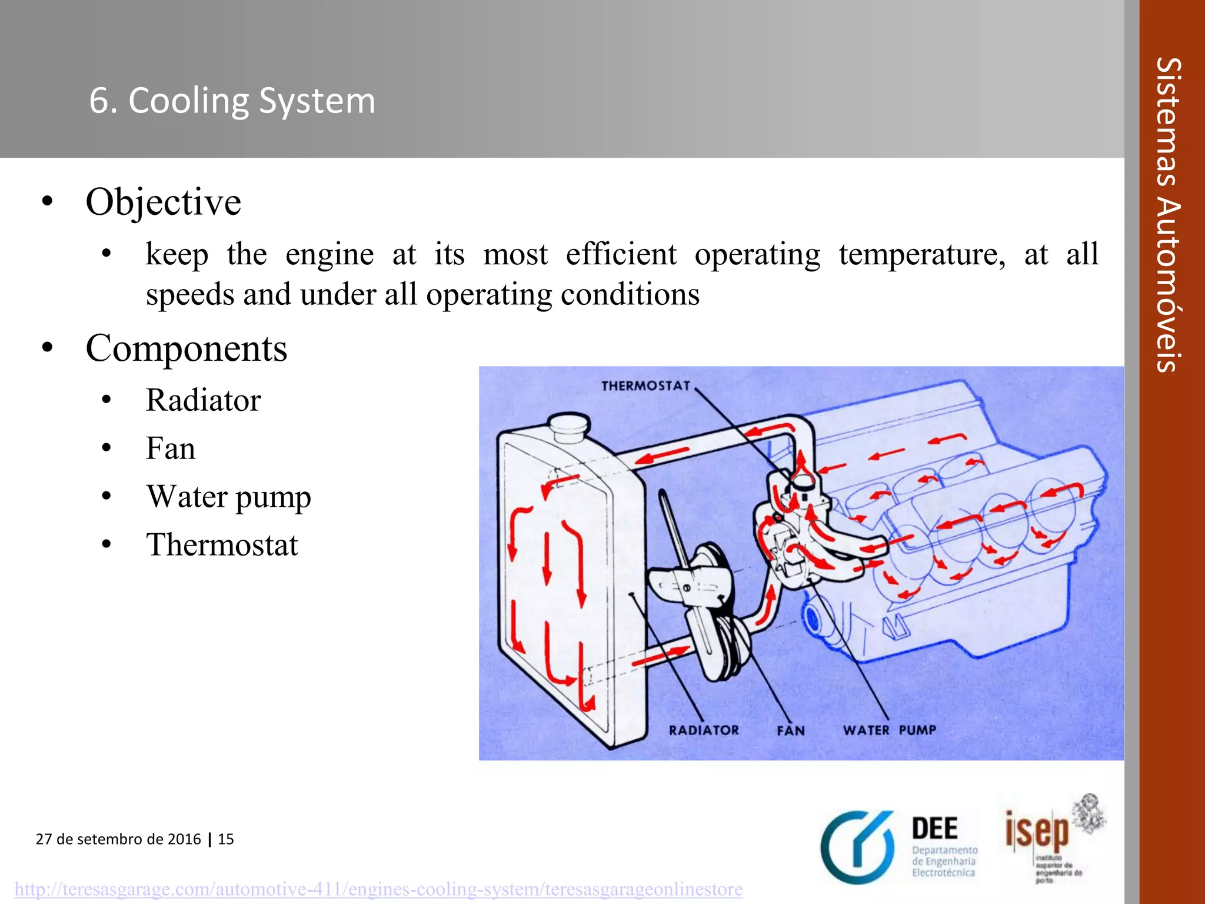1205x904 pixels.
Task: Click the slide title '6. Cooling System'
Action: [x=232, y=101]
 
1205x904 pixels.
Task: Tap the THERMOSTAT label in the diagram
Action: [x=645, y=386]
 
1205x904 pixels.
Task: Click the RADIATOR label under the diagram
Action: [x=704, y=730]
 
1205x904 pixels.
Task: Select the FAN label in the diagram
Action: [x=790, y=731]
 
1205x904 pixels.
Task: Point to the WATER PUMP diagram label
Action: [x=889, y=730]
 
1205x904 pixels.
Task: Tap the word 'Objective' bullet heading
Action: [x=164, y=202]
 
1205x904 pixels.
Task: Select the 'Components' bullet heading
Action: [x=187, y=348]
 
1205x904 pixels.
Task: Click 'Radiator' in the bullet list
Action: [x=203, y=400]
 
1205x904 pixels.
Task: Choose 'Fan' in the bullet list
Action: [x=171, y=448]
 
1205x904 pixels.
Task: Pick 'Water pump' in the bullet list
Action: [x=228, y=497]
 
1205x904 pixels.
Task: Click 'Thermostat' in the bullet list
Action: [x=222, y=545]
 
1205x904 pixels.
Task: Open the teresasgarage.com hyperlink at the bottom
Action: [x=378, y=889]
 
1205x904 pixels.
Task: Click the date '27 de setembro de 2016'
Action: [x=118, y=839]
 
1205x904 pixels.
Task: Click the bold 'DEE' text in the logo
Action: [x=934, y=829]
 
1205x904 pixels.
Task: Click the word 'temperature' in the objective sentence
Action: [x=922, y=255]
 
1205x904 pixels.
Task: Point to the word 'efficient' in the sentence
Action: [x=621, y=255]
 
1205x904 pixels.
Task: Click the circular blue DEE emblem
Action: [x=858, y=847]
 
